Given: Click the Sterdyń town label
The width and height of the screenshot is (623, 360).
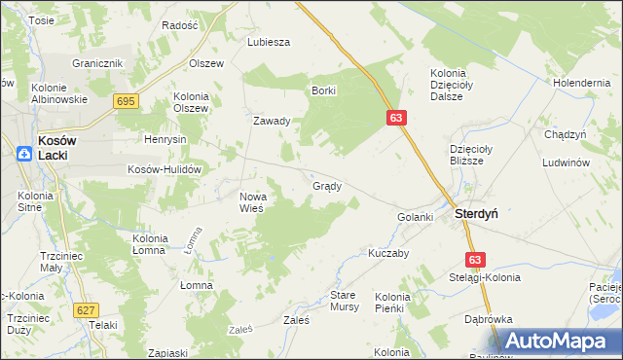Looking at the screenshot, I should (x=476, y=215).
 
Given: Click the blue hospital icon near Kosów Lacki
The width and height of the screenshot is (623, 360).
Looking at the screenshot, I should (x=23, y=152).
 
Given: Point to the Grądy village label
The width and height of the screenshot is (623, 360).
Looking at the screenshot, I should (x=326, y=186).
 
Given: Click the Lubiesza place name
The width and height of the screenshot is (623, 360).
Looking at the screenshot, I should (x=270, y=42).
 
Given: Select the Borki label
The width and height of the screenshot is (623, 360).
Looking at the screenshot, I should (x=323, y=90).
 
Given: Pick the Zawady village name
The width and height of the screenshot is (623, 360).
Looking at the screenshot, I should (x=273, y=122).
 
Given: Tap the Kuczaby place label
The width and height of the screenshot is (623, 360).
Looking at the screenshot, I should (x=387, y=252).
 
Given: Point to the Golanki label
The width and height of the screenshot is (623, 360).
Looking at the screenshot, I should (x=415, y=217).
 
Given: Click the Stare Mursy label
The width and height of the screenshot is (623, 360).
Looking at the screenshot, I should (x=345, y=300).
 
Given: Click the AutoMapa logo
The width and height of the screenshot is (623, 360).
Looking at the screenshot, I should (x=559, y=341).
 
